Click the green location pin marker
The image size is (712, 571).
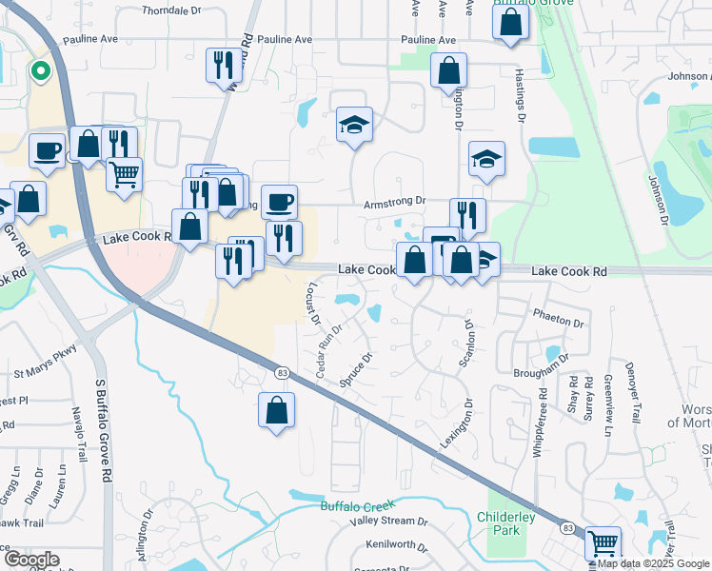click(40, 69)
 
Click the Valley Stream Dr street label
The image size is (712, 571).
click(383, 521)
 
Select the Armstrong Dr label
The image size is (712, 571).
click(393, 203)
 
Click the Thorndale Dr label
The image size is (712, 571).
click(172, 11)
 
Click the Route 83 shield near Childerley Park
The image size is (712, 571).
click(567, 527)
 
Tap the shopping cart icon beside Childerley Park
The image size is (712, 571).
click(603, 543)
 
